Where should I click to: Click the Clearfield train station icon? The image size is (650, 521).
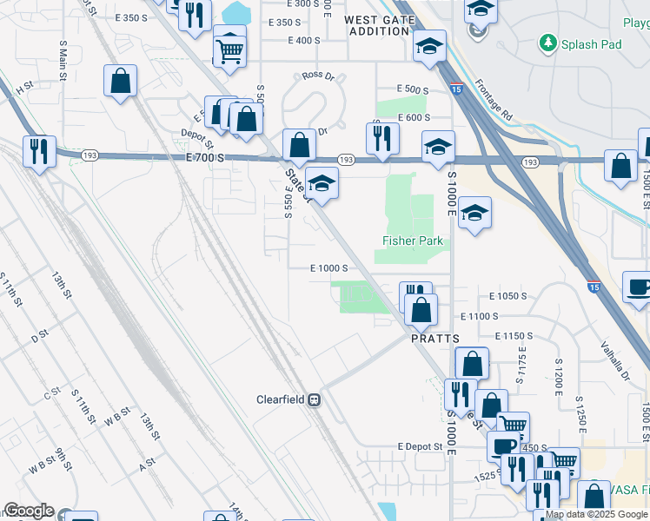pyautogui.click(x=315, y=400)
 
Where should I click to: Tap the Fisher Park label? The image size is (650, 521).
pyautogui.click(x=413, y=241)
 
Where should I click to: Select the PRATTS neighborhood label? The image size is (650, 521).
pyautogui.click(x=434, y=340)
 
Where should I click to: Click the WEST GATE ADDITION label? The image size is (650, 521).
pyautogui.click(x=378, y=25)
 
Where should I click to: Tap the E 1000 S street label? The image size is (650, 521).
pyautogui.click(x=329, y=269)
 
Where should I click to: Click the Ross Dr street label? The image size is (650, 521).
pyautogui.click(x=318, y=76)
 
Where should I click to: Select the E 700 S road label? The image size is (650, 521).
pyautogui.click(x=205, y=157)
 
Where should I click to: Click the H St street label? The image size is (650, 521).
pyautogui.click(x=23, y=86)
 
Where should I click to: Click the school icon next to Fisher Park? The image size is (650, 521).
pyautogui.click(x=475, y=212)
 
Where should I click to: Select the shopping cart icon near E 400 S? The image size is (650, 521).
pyautogui.click(x=229, y=50)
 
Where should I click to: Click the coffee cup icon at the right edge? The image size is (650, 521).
pyautogui.click(x=639, y=287)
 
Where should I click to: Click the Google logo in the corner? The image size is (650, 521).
pyautogui.click(x=29, y=511)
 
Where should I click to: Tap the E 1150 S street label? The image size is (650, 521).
pyautogui.click(x=514, y=335)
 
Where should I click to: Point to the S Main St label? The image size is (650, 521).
pyautogui.click(x=63, y=59)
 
